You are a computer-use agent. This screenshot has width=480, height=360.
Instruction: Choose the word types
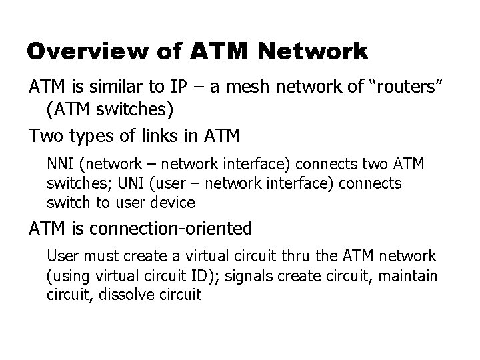pyautogui.click(x=91, y=137)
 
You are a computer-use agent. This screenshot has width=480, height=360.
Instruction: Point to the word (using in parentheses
pyautogui.click(x=66, y=275)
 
